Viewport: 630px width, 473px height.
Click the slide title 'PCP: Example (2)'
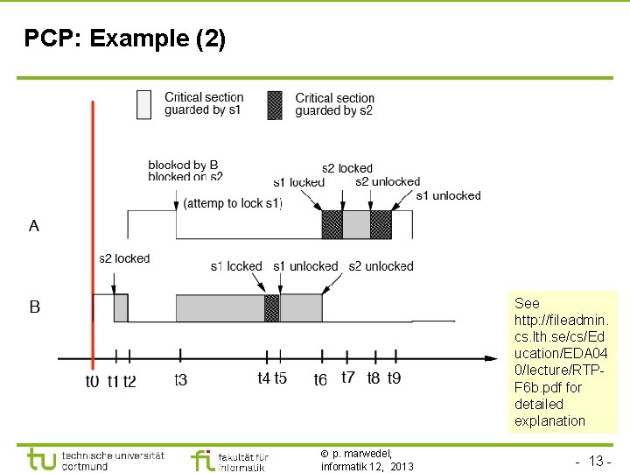[x=125, y=39]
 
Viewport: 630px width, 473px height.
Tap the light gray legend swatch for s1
[x=144, y=103]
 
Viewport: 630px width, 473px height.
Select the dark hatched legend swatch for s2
[x=275, y=104]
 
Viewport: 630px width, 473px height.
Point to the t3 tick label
[x=180, y=380]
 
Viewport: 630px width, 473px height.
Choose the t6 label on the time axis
[x=321, y=380]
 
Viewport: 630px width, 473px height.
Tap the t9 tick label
[x=394, y=378]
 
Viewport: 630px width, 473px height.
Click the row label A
[x=34, y=226]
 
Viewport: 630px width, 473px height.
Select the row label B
[x=34, y=307]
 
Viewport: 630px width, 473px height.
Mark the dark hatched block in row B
[x=271, y=308]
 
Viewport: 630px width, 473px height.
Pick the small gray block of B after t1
[x=121, y=307]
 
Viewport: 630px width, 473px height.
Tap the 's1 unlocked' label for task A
[x=448, y=195]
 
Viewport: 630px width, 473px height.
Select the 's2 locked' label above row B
[x=124, y=258]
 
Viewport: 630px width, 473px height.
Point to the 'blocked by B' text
[x=183, y=165]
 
